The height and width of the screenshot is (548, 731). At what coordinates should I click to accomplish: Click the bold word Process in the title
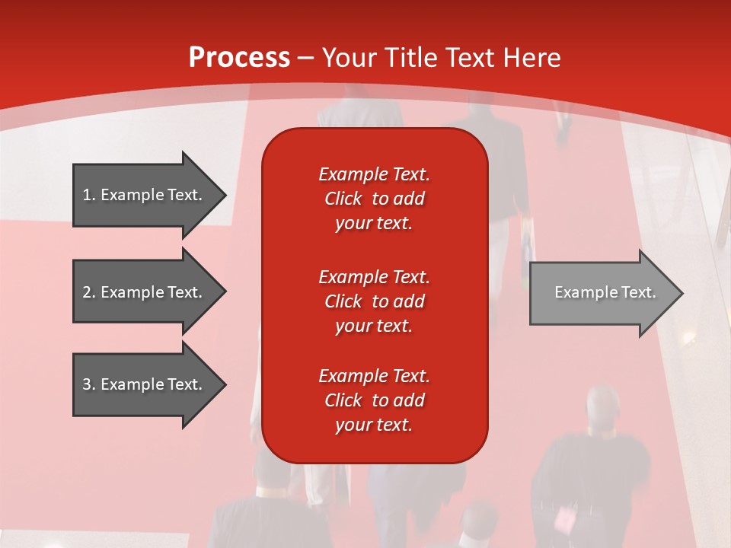240,57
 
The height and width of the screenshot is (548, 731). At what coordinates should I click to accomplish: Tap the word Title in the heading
413,57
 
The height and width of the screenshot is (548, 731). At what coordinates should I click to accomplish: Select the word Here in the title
531,57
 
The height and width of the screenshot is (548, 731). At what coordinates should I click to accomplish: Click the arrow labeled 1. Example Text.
150,196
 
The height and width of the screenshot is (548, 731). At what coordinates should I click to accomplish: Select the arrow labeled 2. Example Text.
150,292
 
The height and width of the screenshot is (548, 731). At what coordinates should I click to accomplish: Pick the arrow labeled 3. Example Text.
150,384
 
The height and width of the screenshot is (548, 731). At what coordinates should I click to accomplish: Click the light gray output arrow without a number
607,293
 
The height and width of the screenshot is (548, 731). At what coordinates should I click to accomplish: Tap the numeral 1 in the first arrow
87,195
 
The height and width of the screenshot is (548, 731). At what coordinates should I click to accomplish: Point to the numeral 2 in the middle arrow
87,292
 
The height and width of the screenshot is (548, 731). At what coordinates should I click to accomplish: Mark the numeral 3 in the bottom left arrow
87,384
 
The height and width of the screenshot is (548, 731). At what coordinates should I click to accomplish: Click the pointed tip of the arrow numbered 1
226,196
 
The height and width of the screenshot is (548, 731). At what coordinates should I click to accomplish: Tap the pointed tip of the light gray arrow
683,293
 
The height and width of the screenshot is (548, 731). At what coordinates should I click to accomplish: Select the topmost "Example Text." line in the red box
374,174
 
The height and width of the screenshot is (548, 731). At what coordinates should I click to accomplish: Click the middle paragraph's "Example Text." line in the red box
374,277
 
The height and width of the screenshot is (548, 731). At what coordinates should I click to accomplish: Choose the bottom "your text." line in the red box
374,425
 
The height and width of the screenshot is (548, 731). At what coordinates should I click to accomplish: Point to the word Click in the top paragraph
343,199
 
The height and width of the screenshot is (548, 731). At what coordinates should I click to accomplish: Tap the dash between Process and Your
305,59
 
